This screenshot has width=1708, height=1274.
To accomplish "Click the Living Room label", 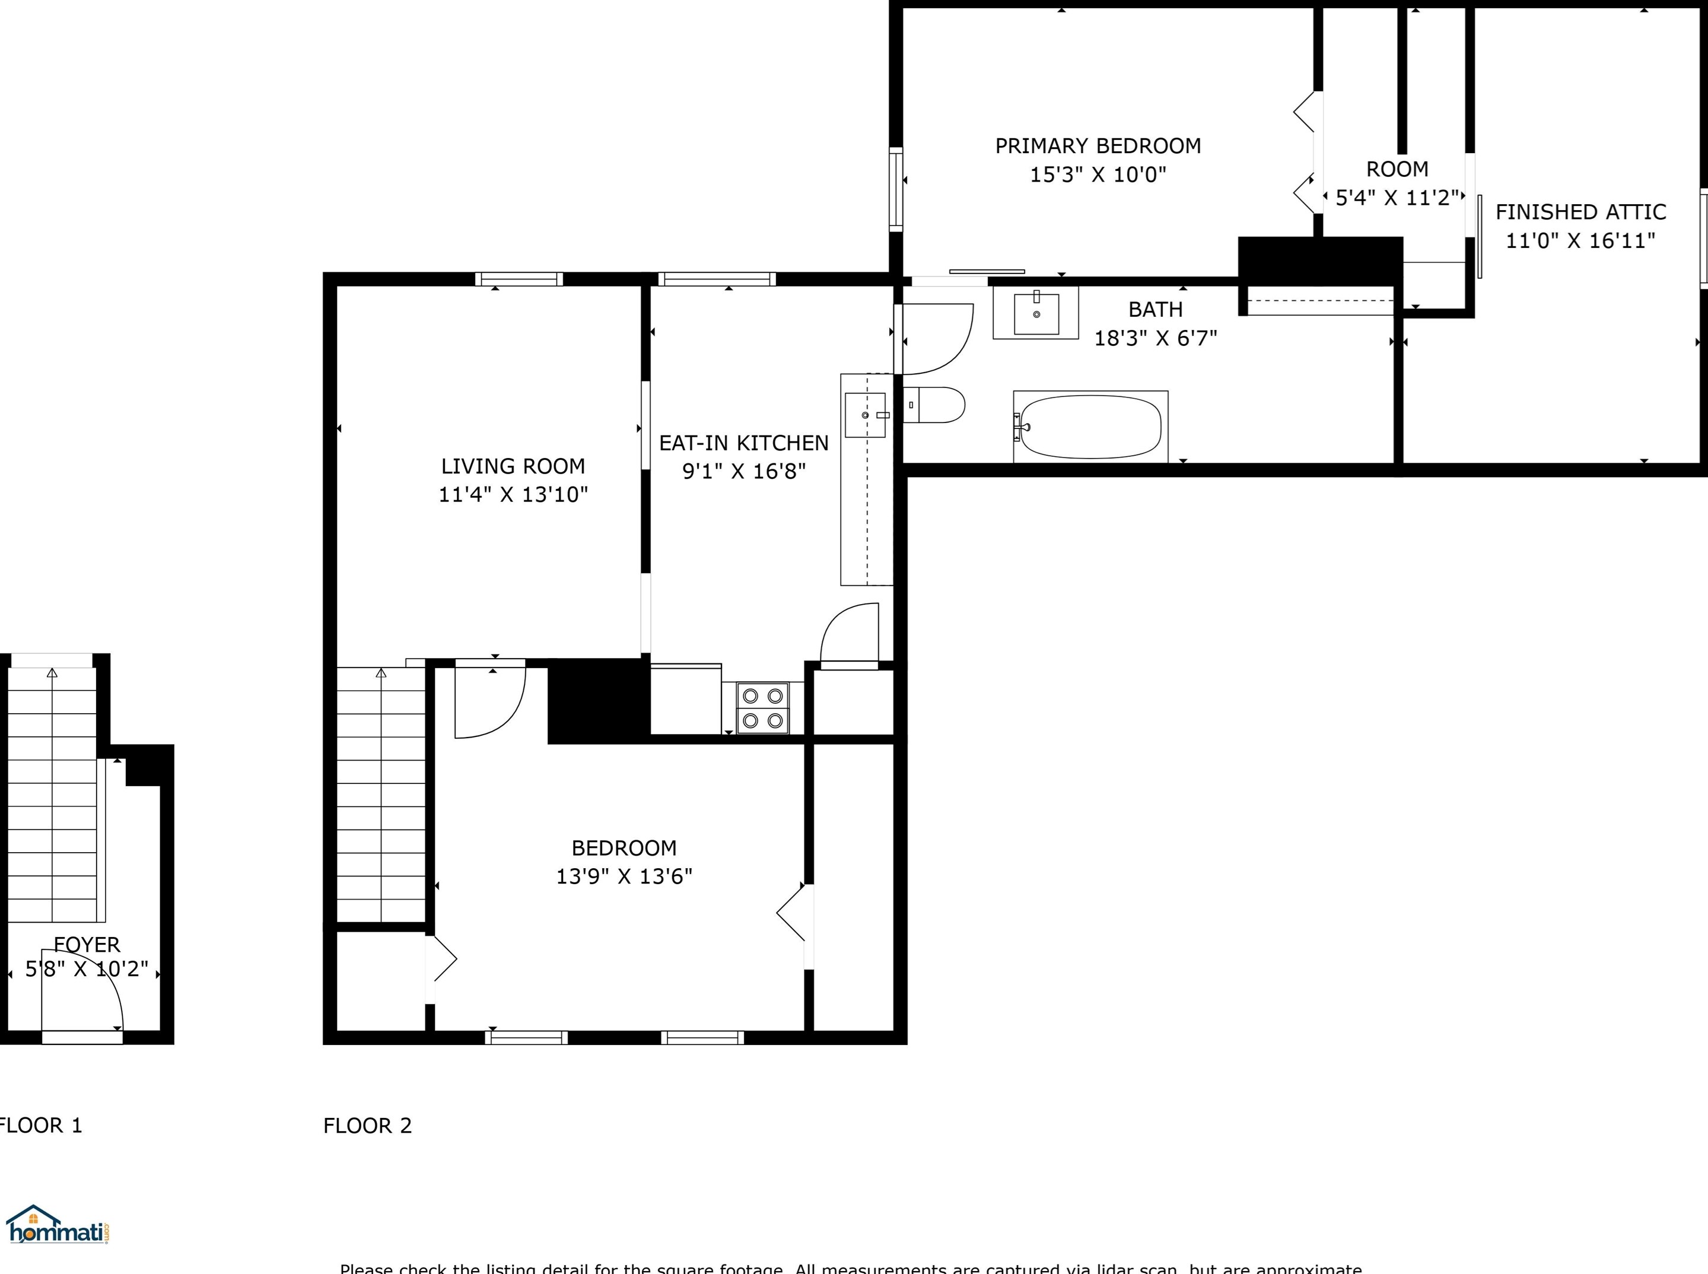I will click(x=513, y=466).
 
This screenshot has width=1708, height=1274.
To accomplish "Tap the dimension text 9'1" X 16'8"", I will click(x=743, y=471).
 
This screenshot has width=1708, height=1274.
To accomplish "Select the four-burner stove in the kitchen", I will click(x=762, y=708).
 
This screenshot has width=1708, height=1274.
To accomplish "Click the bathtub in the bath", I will click(x=1090, y=427).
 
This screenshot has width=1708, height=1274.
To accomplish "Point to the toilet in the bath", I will click(x=934, y=405).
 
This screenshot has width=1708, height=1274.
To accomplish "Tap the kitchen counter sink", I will click(x=865, y=415).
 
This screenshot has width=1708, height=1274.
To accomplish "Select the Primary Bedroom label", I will click(x=1098, y=146).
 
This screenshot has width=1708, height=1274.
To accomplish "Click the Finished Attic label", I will click(x=1580, y=212).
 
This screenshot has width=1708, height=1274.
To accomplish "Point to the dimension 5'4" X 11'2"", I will click(x=1397, y=198).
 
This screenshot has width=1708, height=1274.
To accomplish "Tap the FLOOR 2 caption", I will click(x=367, y=1126).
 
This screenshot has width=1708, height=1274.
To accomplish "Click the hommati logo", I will click(x=58, y=1225).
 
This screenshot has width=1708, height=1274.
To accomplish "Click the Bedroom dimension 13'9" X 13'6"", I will click(x=624, y=877).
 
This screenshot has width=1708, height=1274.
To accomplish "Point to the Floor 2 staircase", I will click(x=381, y=795).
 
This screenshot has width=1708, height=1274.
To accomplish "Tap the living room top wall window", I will click(x=518, y=279).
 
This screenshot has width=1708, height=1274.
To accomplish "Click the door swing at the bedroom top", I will click(x=489, y=700).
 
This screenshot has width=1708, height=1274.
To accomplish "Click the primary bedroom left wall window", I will click(x=895, y=189).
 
